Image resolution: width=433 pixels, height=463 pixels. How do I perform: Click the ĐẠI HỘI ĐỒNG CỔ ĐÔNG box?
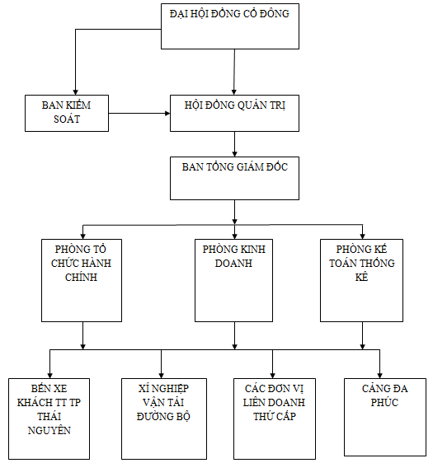pyautogui.click(x=230, y=26)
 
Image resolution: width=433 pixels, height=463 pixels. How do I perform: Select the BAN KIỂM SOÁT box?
pyautogui.click(x=67, y=113)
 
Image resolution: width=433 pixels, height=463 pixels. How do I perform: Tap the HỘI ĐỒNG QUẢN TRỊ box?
pyautogui.click(x=234, y=113)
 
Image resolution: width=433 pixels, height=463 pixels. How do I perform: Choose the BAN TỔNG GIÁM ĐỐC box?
pyautogui.click(x=234, y=178)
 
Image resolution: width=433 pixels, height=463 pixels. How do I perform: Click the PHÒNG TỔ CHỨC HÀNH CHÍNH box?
pyautogui.click(x=82, y=280)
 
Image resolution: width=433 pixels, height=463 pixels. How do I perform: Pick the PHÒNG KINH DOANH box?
pyautogui.click(x=233, y=280)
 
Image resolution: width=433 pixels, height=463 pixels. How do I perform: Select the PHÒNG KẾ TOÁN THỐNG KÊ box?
pyautogui.click(x=361, y=280)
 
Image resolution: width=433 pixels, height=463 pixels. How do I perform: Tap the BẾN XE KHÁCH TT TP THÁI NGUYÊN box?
pyautogui.click(x=49, y=419)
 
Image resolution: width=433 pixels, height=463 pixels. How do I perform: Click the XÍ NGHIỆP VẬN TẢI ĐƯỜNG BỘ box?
pyautogui.click(x=164, y=419)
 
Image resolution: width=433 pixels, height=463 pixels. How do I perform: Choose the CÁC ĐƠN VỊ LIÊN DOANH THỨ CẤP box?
pyautogui.click(x=275, y=419)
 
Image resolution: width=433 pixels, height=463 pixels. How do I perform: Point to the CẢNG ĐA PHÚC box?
pyautogui.click(x=385, y=417)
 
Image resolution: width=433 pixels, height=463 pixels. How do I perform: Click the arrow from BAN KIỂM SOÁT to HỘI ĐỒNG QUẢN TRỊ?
pyautogui.click(x=139, y=113)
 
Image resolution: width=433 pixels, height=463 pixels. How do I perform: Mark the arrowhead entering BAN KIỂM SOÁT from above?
pyautogui.click(x=76, y=91)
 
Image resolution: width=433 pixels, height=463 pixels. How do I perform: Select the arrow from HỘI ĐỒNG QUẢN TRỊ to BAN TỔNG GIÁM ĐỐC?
pyautogui.click(x=235, y=144)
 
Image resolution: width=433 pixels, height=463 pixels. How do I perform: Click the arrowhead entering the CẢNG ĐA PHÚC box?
pyautogui.click(x=379, y=376)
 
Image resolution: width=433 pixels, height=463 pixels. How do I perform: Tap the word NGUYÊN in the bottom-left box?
pyautogui.click(x=49, y=430)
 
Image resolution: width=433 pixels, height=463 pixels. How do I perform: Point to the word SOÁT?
pyautogui.click(x=67, y=119)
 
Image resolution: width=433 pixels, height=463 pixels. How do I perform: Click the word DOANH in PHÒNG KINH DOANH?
pyautogui.click(x=233, y=263)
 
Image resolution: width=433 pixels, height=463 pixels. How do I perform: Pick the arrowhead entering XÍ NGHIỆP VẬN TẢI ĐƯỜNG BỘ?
pyautogui.click(x=162, y=376)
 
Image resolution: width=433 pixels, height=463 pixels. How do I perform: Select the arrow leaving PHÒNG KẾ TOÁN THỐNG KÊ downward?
pyautogui.click(x=363, y=336)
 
